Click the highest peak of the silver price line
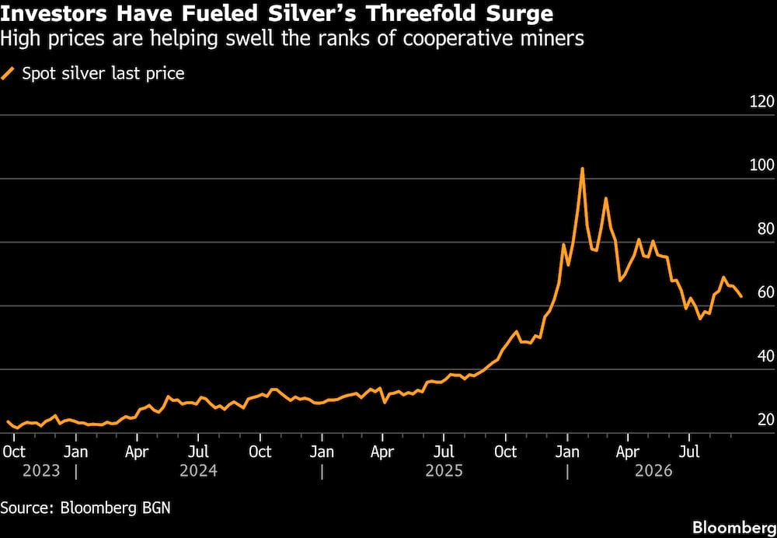click(582, 169)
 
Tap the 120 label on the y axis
click(761, 103)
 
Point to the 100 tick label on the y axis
click(761, 166)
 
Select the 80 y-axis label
click(765, 229)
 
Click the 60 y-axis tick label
click(765, 293)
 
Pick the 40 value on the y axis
click(765, 357)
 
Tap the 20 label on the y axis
click(765, 420)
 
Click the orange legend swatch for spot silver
click(8, 74)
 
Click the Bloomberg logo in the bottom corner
click(734, 526)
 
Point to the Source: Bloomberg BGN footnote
click(85, 508)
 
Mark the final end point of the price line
click(740, 296)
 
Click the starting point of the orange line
click(8, 421)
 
